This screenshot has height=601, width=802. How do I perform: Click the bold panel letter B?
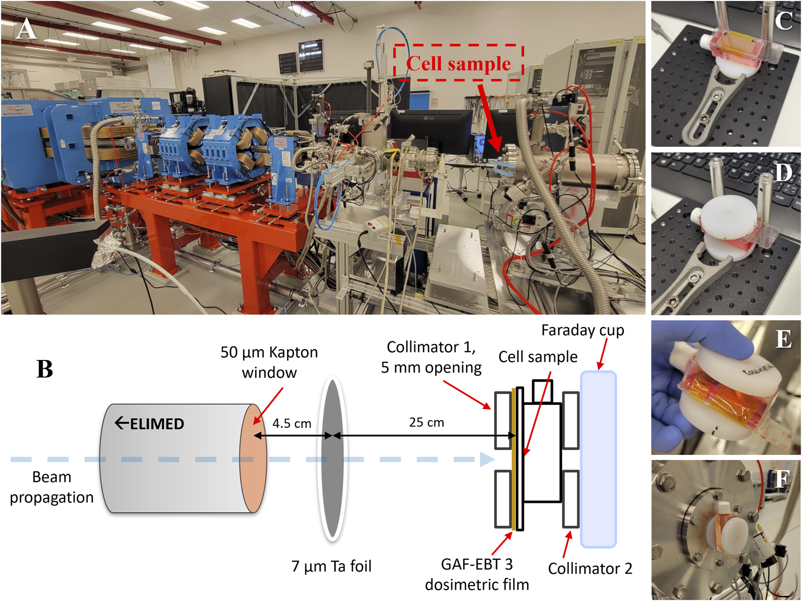click(44, 369)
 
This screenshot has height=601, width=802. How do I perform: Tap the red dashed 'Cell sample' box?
click(458, 63)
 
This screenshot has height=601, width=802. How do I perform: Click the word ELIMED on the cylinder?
click(157, 424)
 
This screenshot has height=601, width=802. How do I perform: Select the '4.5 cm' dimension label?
click(292, 423)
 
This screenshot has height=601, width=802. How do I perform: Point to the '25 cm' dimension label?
click(426, 422)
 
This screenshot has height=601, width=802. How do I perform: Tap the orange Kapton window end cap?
click(253, 458)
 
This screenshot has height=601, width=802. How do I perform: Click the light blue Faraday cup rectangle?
click(598, 459)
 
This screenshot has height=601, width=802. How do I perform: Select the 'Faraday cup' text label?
click(582, 330)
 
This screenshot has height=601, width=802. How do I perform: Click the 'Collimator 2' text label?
click(590, 568)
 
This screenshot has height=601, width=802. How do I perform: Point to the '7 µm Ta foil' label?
click(331, 566)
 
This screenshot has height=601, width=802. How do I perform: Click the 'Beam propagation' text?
click(52, 487)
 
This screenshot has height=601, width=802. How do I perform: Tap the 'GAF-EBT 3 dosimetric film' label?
click(477, 574)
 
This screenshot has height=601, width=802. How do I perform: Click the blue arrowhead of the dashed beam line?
click(487, 459)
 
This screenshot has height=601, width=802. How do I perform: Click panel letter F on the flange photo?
click(782, 479)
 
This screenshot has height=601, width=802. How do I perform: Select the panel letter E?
click(783, 339)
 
